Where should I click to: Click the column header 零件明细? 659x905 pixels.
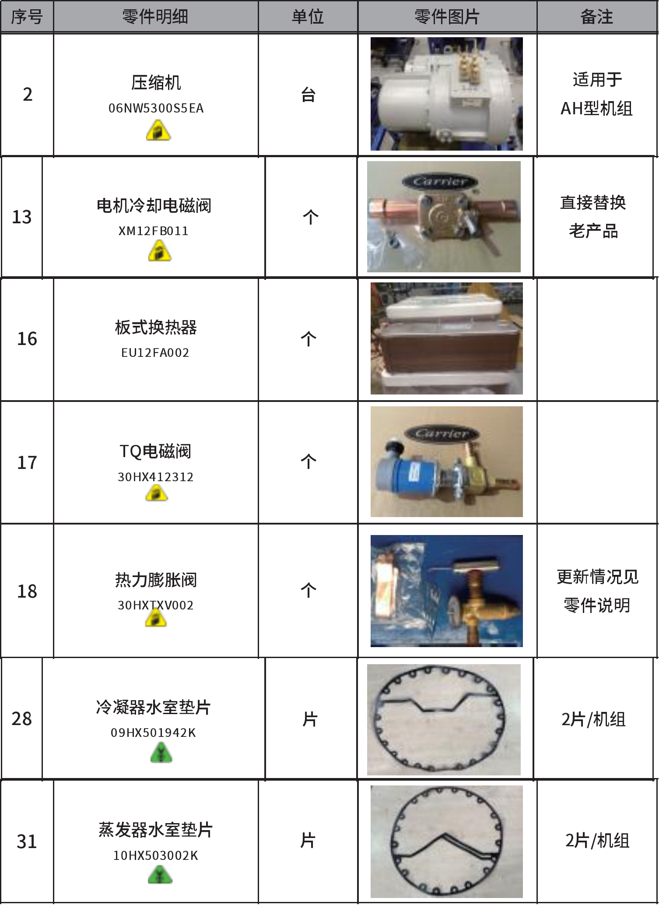pyautogui.click(x=155, y=17)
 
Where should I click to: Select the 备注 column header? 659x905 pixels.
pyautogui.click(x=596, y=17)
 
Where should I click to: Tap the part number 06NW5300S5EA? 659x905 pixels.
pyautogui.click(x=156, y=108)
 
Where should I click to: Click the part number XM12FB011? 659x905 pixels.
pyautogui.click(x=154, y=231)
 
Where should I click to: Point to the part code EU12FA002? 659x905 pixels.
pyautogui.click(x=155, y=352)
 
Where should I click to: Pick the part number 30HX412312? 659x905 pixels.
pyautogui.click(x=156, y=477)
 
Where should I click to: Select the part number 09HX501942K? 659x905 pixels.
pyautogui.click(x=154, y=732)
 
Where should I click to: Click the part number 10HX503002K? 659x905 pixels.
pyautogui.click(x=156, y=856)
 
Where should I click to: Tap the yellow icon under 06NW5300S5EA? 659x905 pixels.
pyautogui.click(x=158, y=131)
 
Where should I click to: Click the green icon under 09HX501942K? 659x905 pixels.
pyautogui.click(x=161, y=754)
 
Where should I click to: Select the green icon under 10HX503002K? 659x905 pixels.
pyautogui.click(x=160, y=876)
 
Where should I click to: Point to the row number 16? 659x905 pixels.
pyautogui.click(x=27, y=339)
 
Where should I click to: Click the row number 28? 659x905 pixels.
pyautogui.click(x=22, y=719)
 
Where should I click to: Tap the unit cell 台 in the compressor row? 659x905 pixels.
pyautogui.click(x=308, y=95)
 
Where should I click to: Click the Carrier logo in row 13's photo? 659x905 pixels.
pyautogui.click(x=441, y=181)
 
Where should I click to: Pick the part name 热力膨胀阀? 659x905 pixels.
pyautogui.click(x=156, y=580)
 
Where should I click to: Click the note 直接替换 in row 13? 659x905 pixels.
pyautogui.click(x=593, y=203)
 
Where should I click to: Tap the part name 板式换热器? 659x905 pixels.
pyautogui.click(x=156, y=327)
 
